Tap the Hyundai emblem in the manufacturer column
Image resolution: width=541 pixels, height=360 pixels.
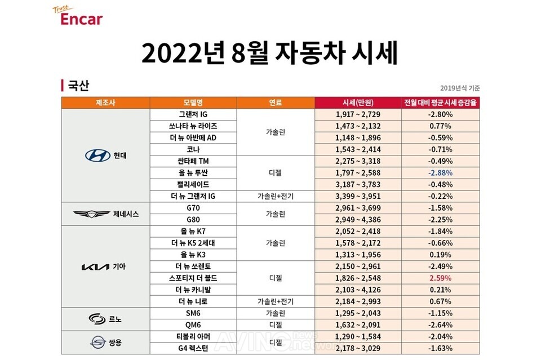(x=97, y=155)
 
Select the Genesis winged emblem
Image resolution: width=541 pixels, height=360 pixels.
(x=91, y=214)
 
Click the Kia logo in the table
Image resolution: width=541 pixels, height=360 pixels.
(x=95, y=266)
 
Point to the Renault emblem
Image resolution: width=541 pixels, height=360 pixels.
(x=97, y=319)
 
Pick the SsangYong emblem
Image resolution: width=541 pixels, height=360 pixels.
(x=98, y=342)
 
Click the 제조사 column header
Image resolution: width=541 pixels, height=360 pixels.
(x=105, y=103)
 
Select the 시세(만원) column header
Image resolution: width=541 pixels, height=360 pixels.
(x=358, y=103)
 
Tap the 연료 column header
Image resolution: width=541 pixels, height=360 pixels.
(x=276, y=103)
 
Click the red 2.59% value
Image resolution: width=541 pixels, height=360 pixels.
(x=440, y=278)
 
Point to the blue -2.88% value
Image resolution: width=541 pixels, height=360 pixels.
(x=440, y=173)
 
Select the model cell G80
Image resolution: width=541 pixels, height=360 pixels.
(x=193, y=220)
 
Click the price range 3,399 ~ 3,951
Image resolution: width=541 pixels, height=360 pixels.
(x=358, y=196)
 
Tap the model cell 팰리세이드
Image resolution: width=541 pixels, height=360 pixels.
(x=193, y=184)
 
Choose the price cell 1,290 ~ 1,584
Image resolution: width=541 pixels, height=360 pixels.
(x=358, y=336)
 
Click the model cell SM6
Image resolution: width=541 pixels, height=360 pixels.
(x=193, y=313)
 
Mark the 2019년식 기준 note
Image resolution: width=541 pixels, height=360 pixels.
(x=460, y=88)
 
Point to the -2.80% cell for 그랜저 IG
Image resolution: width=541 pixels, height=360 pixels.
(x=440, y=114)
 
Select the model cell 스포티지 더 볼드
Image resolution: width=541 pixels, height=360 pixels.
(x=193, y=278)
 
